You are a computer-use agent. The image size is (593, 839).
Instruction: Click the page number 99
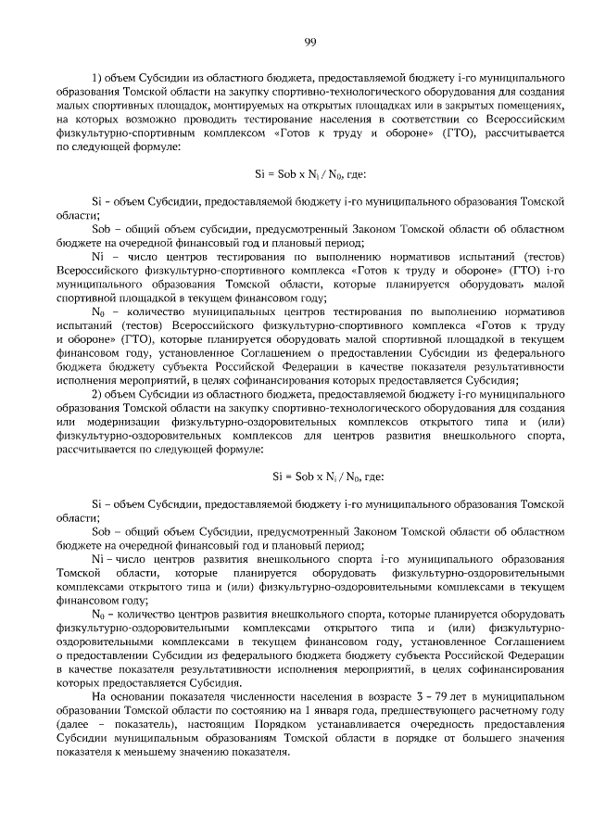[310, 41]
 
